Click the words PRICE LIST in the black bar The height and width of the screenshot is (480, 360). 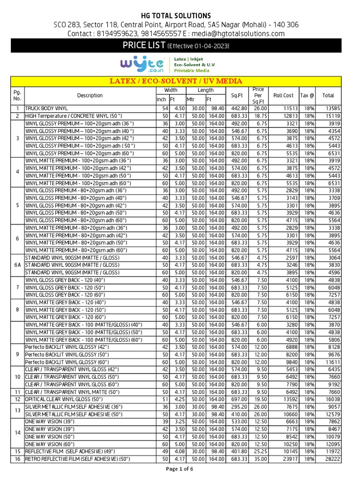pyautogui.click(x=144, y=45)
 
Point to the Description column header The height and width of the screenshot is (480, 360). pyautogui.click(x=90, y=95)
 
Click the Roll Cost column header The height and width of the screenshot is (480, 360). pyautogui.click(x=283, y=95)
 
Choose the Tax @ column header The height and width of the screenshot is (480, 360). pyautogui.click(x=307, y=95)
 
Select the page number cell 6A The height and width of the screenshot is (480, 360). pyautogui.click(x=17, y=265)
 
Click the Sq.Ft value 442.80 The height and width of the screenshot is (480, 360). pyautogui.click(x=238, y=108)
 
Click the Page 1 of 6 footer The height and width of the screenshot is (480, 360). pyautogui.click(x=180, y=469)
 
